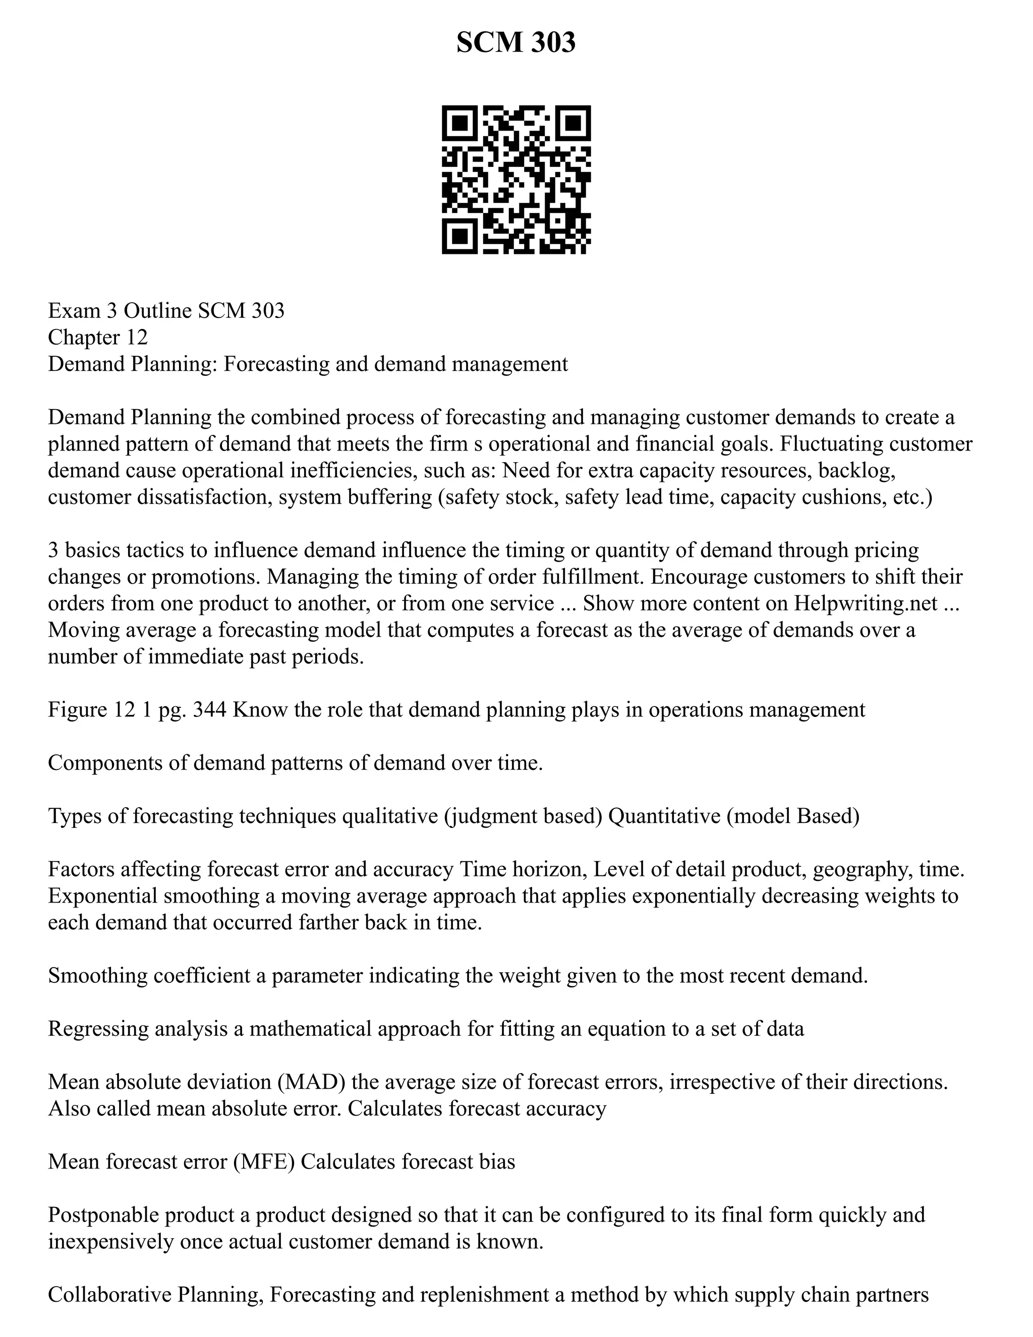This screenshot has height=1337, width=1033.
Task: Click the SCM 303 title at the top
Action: click(516, 42)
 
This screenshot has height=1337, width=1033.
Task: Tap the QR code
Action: click(516, 180)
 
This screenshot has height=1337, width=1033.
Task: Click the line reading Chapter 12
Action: click(98, 338)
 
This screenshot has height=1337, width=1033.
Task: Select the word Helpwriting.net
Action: click(866, 603)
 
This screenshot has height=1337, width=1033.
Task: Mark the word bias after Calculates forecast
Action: click(498, 1161)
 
